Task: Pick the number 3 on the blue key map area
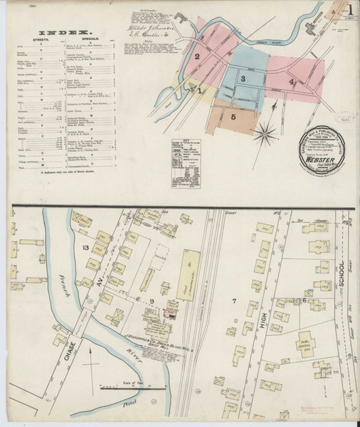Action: [243, 78]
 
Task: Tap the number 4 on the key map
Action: [291, 82]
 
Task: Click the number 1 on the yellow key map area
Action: [201, 90]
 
